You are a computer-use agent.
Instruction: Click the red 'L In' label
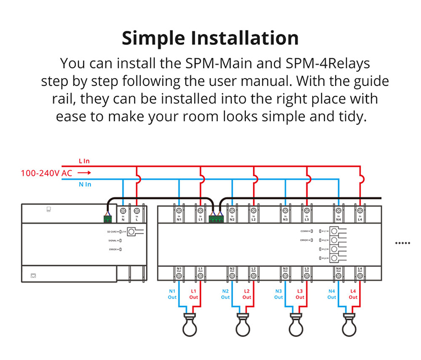click(84, 162)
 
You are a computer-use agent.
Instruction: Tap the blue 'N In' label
click(85, 184)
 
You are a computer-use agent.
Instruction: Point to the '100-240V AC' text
click(47, 173)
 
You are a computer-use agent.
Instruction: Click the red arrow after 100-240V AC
click(84, 173)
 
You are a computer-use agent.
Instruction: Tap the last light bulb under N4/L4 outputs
click(349, 323)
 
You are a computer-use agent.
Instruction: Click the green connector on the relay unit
click(215, 219)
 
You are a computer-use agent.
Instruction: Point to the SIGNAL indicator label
click(112, 240)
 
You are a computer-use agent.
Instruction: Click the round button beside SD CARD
click(131, 231)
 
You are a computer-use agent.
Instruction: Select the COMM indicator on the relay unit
click(309, 231)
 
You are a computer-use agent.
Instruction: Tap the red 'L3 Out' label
click(300, 294)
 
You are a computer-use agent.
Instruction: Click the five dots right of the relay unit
click(403, 243)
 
